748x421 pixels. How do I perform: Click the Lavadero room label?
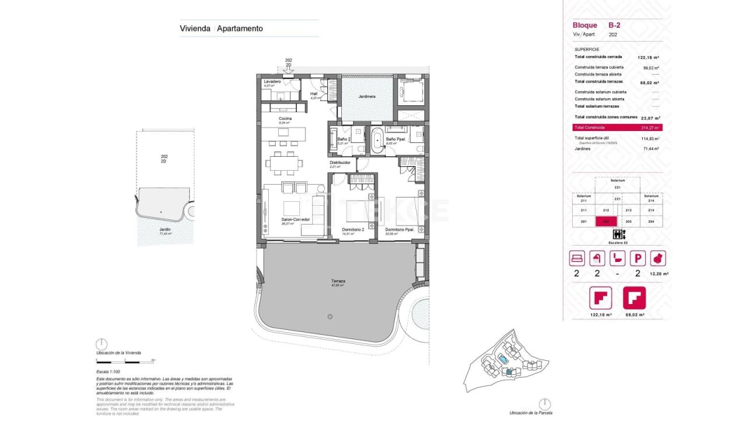click(x=272, y=82)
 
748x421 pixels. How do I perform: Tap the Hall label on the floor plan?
click(x=314, y=94)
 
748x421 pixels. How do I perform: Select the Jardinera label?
click(x=366, y=96)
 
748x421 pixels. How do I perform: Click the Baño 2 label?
click(x=344, y=139)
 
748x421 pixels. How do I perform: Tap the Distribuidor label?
click(x=340, y=163)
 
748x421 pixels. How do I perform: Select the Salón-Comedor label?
click(x=295, y=220)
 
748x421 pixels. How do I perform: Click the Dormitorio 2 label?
click(x=353, y=230)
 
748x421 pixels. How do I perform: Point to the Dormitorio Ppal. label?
click(x=399, y=230)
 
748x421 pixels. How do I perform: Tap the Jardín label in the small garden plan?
click(x=165, y=229)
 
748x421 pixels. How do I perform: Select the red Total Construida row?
click(x=617, y=127)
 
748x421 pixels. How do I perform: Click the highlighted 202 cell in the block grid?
click(x=606, y=222)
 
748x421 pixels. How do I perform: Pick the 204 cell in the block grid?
click(x=652, y=222)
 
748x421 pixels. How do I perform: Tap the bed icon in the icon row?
click(x=577, y=258)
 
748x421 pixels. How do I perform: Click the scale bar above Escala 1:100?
click(x=125, y=361)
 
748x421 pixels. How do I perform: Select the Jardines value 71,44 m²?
click(x=651, y=149)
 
